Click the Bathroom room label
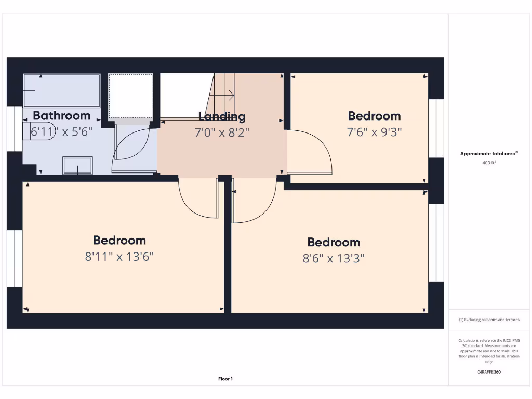pos(61,115)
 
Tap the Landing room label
pos(222,116)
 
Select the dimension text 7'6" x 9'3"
pos(374,132)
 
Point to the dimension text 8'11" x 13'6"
pos(119,256)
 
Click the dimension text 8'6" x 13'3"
pos(334,258)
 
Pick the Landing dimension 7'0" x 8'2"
pos(222,132)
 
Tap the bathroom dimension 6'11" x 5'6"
pos(61,131)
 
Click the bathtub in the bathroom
pos(61,90)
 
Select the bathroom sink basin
pos(77,165)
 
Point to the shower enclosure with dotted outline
pos(130,96)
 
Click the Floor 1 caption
pos(225,379)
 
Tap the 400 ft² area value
pos(489,163)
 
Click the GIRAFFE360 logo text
pos(489,372)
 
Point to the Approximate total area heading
pos(488,153)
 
